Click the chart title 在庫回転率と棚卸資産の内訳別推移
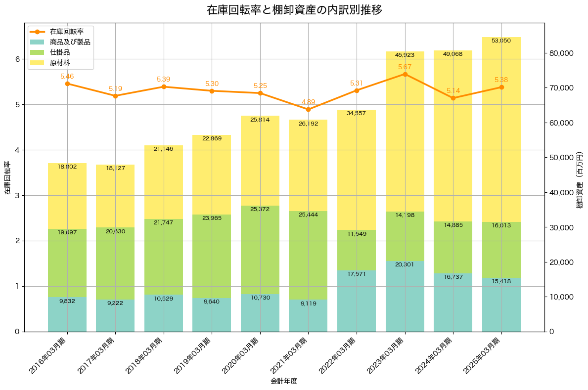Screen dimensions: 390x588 [294, 10]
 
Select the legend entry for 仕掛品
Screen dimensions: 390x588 [60, 52]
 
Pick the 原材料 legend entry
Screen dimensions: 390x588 [60, 63]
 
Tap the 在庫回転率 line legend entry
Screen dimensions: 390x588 [67, 32]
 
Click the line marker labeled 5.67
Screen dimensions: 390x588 [405, 74]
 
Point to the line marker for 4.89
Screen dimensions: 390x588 [308, 109]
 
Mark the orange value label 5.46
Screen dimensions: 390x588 [67, 76]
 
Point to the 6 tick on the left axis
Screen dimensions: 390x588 [17, 59]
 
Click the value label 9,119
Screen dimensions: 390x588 [308, 303]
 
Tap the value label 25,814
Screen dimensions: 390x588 [260, 120]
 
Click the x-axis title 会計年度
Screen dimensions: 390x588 [284, 381]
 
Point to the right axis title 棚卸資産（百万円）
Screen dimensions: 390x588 [580, 177]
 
